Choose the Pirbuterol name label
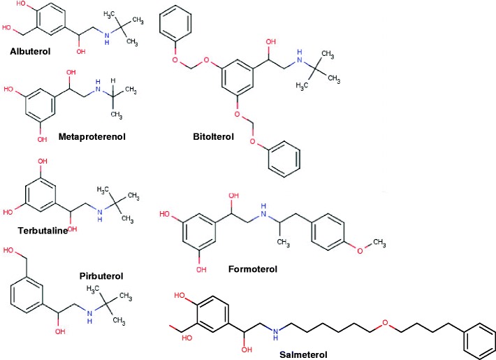101,275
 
